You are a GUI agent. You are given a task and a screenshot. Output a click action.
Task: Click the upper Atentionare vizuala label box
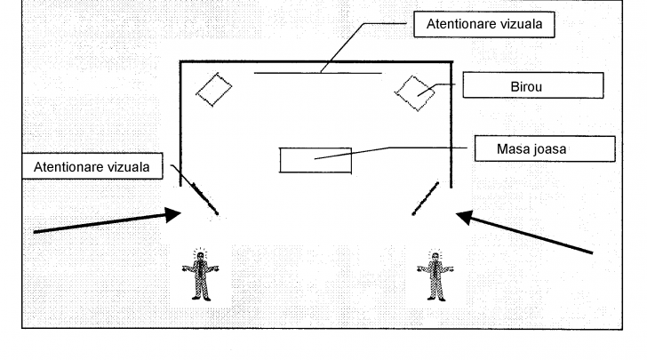point(484,26)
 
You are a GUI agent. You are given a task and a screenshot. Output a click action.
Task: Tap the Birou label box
point(532,85)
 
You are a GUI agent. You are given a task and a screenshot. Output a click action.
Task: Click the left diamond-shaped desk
point(213,89)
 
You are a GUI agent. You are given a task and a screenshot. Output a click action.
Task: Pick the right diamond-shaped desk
point(414,92)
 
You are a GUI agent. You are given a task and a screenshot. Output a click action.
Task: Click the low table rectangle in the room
point(316,160)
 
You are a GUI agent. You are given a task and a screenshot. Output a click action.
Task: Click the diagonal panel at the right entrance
point(426,198)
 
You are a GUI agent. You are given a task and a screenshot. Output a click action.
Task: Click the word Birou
point(532,85)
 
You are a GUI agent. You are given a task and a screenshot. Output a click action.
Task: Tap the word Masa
point(519,148)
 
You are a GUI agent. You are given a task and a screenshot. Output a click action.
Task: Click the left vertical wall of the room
point(181,124)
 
